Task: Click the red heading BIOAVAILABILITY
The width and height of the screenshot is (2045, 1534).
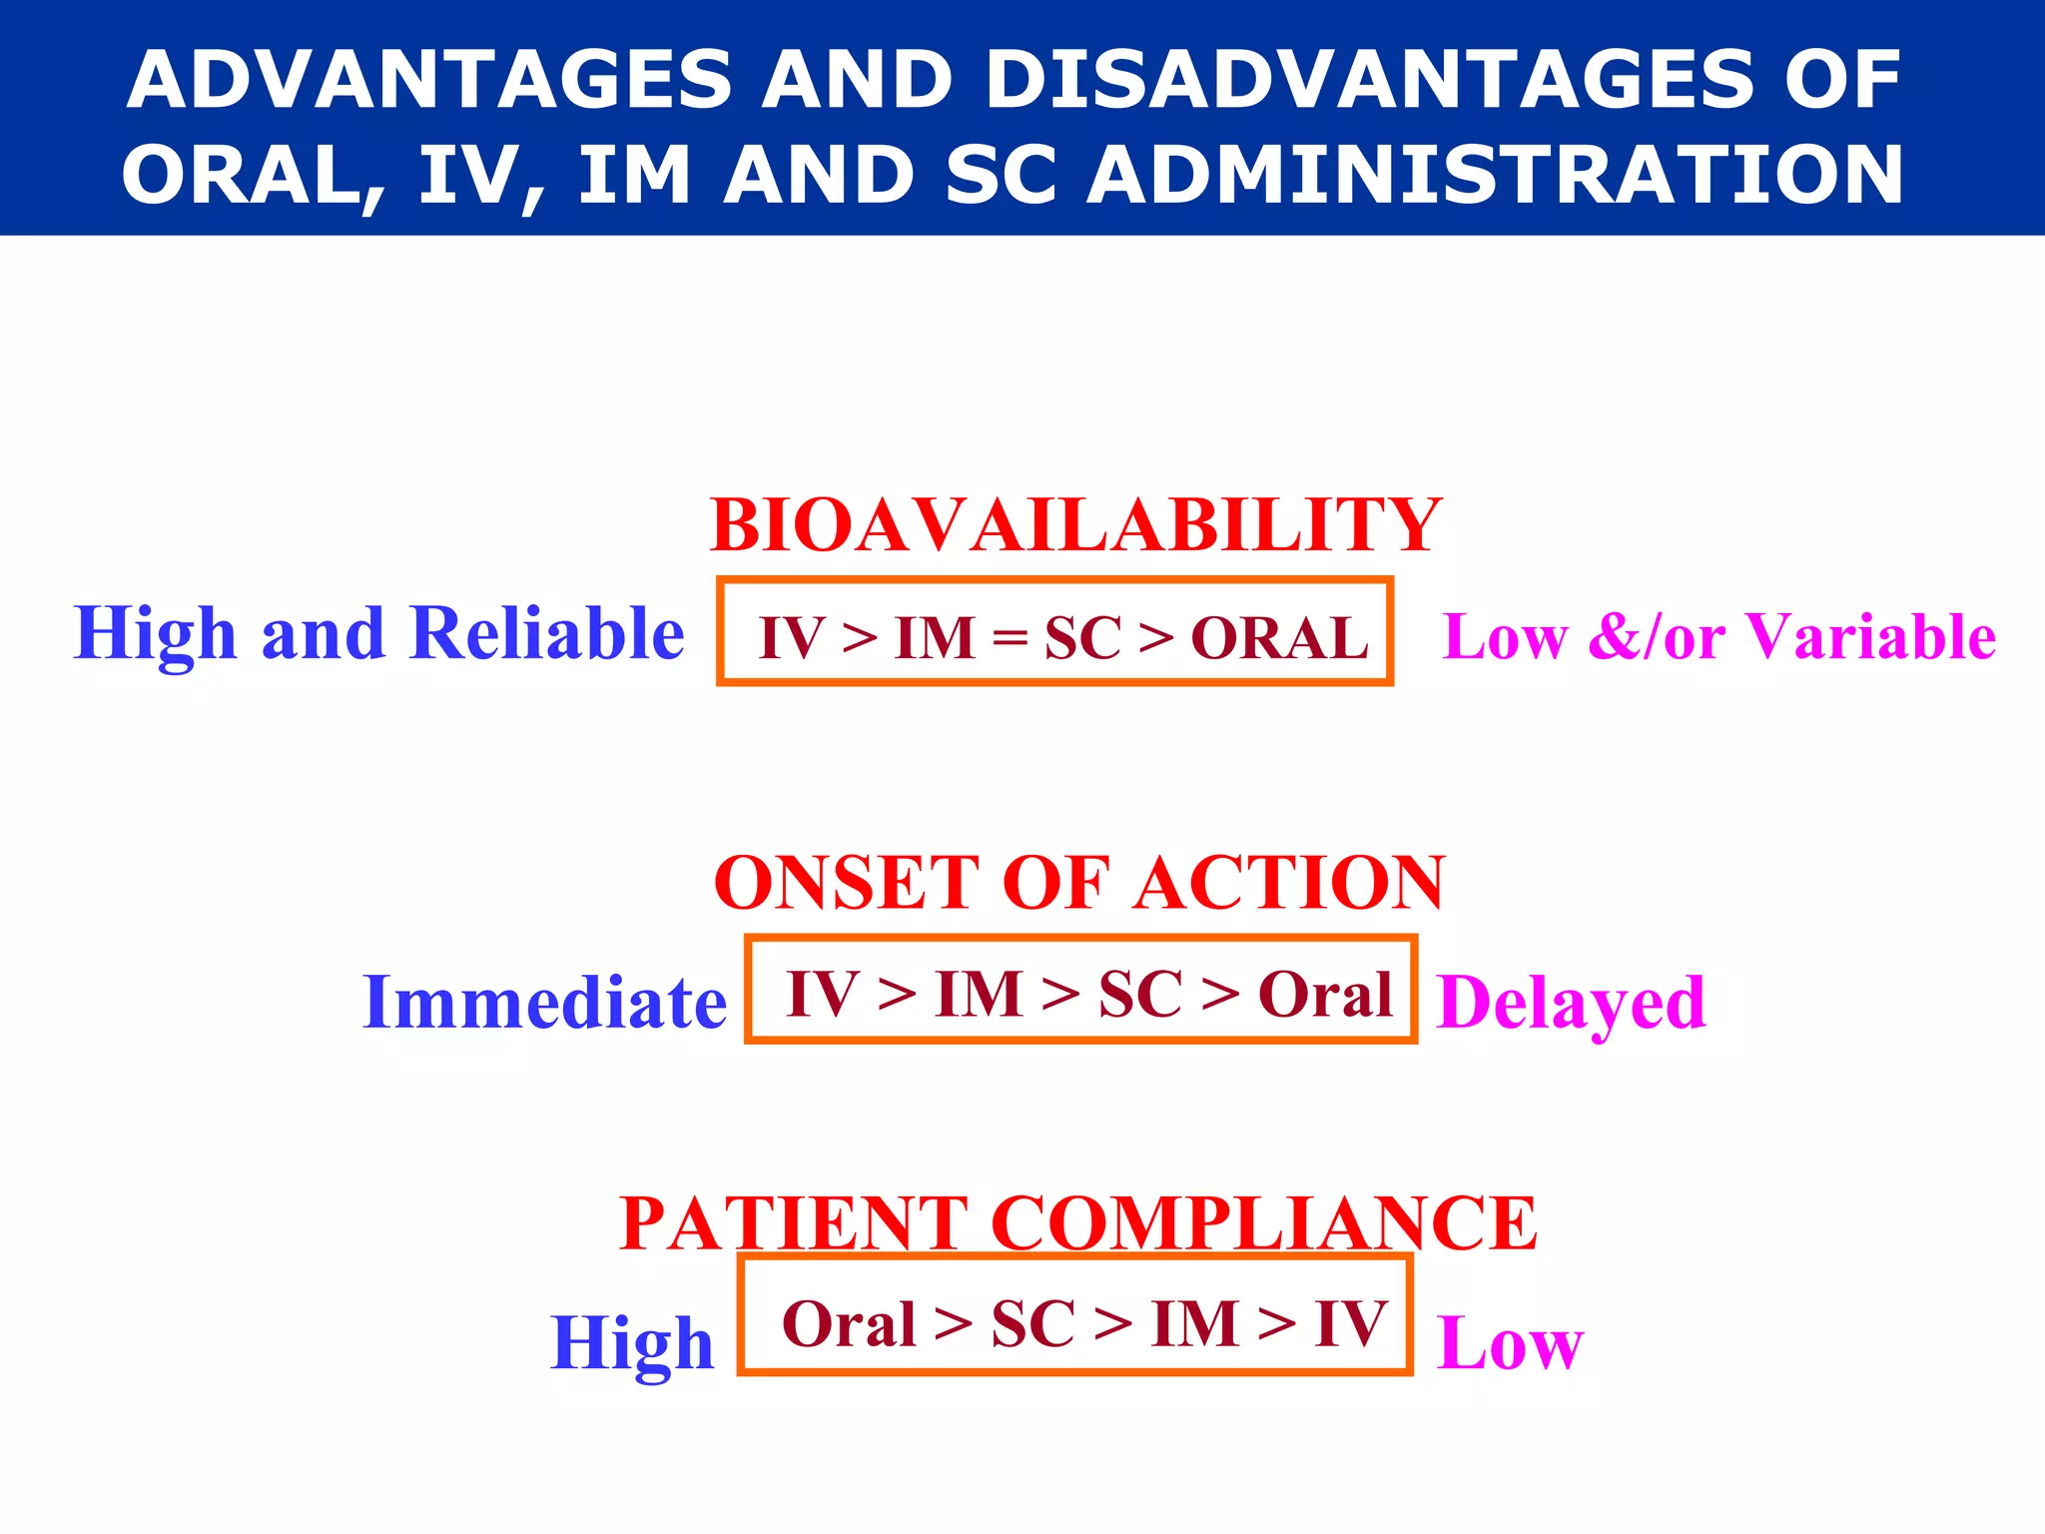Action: click(1075, 525)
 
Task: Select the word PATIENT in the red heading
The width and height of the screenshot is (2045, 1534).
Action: click(793, 1223)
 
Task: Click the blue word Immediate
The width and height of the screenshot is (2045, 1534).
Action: click(545, 1002)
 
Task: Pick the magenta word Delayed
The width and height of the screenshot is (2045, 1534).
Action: click(1571, 1003)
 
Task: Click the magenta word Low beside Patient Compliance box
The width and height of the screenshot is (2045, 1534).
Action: click(1509, 1343)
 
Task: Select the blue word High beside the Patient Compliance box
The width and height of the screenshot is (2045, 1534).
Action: click(632, 1343)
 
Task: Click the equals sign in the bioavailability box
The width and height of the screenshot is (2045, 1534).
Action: click(1010, 638)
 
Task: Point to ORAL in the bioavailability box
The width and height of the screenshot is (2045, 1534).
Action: click(1279, 638)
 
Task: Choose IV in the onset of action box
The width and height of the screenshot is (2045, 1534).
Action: click(822, 995)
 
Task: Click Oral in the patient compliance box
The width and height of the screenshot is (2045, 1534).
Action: click(849, 1325)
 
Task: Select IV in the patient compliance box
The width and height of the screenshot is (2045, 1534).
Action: click(1351, 1325)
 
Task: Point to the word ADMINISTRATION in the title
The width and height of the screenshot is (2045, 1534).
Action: click(1495, 175)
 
